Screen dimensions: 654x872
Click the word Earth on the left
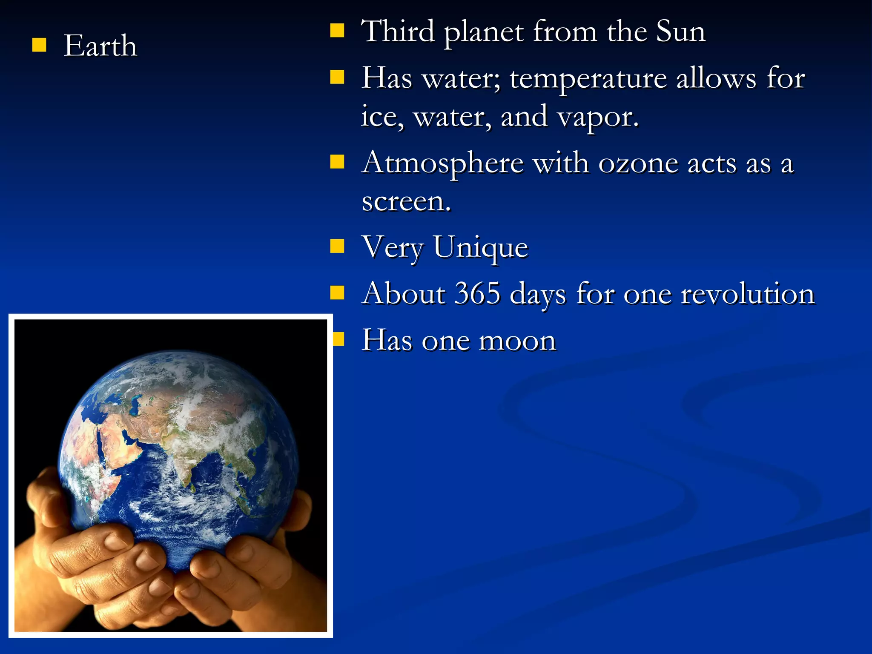pos(100,46)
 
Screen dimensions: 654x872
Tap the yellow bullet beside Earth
pos(39,45)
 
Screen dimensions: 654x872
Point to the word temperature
pos(588,79)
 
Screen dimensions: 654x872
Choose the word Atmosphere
pos(442,164)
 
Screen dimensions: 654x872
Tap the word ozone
pos(638,164)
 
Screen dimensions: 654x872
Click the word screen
pos(405,201)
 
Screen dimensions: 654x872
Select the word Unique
pos(481,247)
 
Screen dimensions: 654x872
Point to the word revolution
pos(747,293)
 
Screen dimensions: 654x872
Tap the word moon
pos(517,341)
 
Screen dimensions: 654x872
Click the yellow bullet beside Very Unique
pos(337,246)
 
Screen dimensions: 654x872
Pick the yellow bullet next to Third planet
pos(337,31)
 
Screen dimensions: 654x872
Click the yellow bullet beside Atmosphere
pos(337,162)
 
